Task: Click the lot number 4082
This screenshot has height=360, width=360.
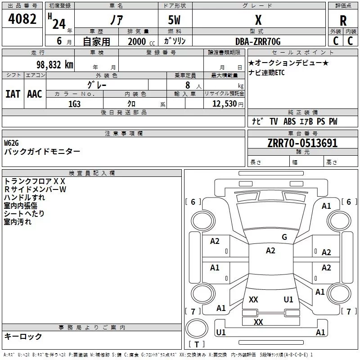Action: pos(22,19)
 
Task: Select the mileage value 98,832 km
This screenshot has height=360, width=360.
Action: pos(55,65)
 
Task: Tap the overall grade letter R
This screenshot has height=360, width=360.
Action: pos(343,21)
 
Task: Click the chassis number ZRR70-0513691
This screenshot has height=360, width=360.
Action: pos(302,143)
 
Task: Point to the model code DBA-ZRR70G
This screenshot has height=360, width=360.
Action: pos(258,41)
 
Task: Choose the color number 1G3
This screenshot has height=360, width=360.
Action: pos(74,104)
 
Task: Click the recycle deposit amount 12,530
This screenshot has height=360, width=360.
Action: pos(225,104)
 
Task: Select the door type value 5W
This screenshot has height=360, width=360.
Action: pos(174,20)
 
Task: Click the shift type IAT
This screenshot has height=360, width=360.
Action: pos(13,94)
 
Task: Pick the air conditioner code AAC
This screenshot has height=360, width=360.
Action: pos(35,94)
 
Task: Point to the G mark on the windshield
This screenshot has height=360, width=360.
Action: pos(284,237)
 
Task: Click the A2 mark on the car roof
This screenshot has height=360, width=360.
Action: pos(270,251)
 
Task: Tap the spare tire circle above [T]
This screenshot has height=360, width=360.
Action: pos(197,328)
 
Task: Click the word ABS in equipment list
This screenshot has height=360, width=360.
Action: pos(289,121)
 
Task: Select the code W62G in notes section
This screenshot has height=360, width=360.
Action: pos(11,143)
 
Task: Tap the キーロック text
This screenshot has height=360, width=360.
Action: pos(23,336)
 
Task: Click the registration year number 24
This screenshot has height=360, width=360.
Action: pos(59,24)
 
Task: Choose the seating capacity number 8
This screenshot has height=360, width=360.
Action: pos(188,85)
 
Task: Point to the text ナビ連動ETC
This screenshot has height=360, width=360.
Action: pos(266,73)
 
